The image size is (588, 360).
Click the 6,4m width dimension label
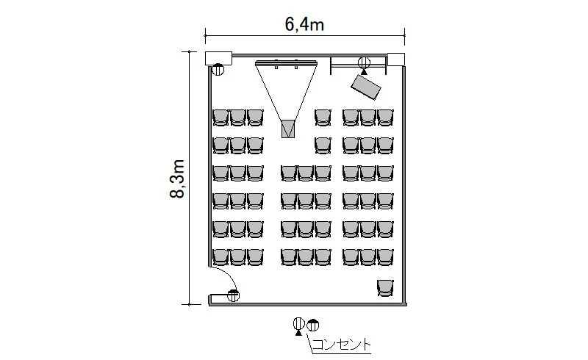click(304, 24)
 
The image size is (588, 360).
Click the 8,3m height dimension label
click(177, 179)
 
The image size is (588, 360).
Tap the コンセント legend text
click(341, 345)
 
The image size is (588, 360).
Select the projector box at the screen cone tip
click(288, 129)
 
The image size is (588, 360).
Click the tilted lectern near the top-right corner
click(365, 87)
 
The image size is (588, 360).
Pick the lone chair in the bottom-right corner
click(385, 287)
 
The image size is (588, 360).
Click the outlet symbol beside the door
click(233, 296)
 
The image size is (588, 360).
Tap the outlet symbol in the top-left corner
click(218, 69)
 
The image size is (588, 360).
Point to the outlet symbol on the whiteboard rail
click(364, 64)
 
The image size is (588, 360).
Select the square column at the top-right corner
click(396, 60)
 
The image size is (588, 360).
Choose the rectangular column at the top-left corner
click(218, 59)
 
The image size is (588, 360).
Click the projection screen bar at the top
click(287, 62)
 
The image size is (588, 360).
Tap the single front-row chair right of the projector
click(323, 118)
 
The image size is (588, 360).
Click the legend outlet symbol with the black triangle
click(298, 325)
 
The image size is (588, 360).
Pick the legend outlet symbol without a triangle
click(313, 325)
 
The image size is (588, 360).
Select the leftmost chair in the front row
click(220, 118)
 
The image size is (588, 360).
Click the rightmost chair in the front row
click(385, 118)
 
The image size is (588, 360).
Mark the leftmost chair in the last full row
click(220, 257)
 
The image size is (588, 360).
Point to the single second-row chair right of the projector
click(323, 145)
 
